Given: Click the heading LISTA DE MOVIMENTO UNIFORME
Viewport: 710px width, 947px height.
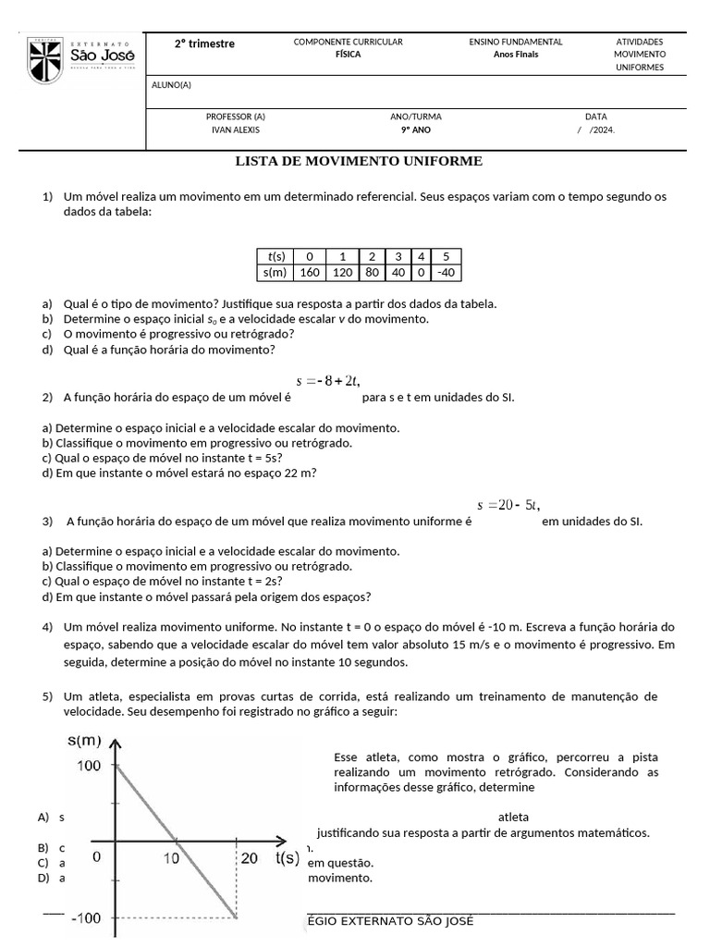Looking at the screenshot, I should coord(360,161).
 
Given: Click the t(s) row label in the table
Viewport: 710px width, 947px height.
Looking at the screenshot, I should coord(275,256).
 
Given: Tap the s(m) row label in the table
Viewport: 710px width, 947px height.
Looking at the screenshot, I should coord(275,273).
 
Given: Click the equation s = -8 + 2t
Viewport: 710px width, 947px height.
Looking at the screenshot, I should coord(327,380).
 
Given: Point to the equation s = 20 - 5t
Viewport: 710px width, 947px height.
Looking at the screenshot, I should coord(508,505).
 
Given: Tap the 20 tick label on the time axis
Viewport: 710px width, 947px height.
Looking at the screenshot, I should coord(249,858).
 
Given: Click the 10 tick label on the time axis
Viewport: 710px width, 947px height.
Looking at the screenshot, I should coord(172,858).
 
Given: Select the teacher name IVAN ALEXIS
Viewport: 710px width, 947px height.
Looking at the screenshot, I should coord(235,130).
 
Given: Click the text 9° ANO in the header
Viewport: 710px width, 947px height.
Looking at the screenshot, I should coord(415,130).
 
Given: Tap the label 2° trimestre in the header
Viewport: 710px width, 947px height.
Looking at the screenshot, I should coord(205,43).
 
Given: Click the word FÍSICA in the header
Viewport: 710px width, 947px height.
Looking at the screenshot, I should coord(348,55).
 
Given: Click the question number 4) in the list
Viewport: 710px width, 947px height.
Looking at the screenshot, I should coord(47,628).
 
